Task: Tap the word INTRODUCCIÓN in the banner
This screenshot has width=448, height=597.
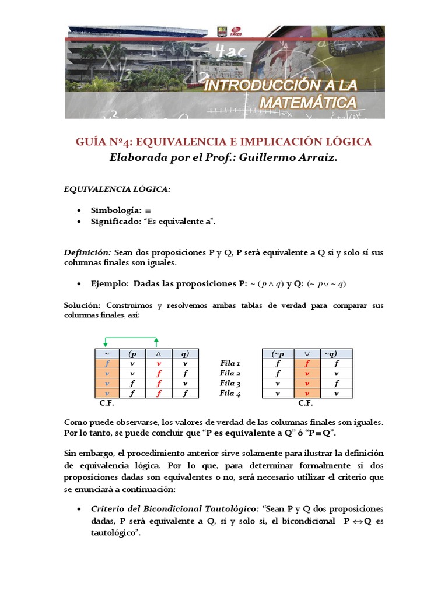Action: point(267,86)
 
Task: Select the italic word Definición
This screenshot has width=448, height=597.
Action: point(87,252)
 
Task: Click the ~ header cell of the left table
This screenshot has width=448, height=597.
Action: point(107,353)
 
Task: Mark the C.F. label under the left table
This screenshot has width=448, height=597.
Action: point(107,403)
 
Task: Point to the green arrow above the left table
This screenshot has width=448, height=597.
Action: point(131,339)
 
